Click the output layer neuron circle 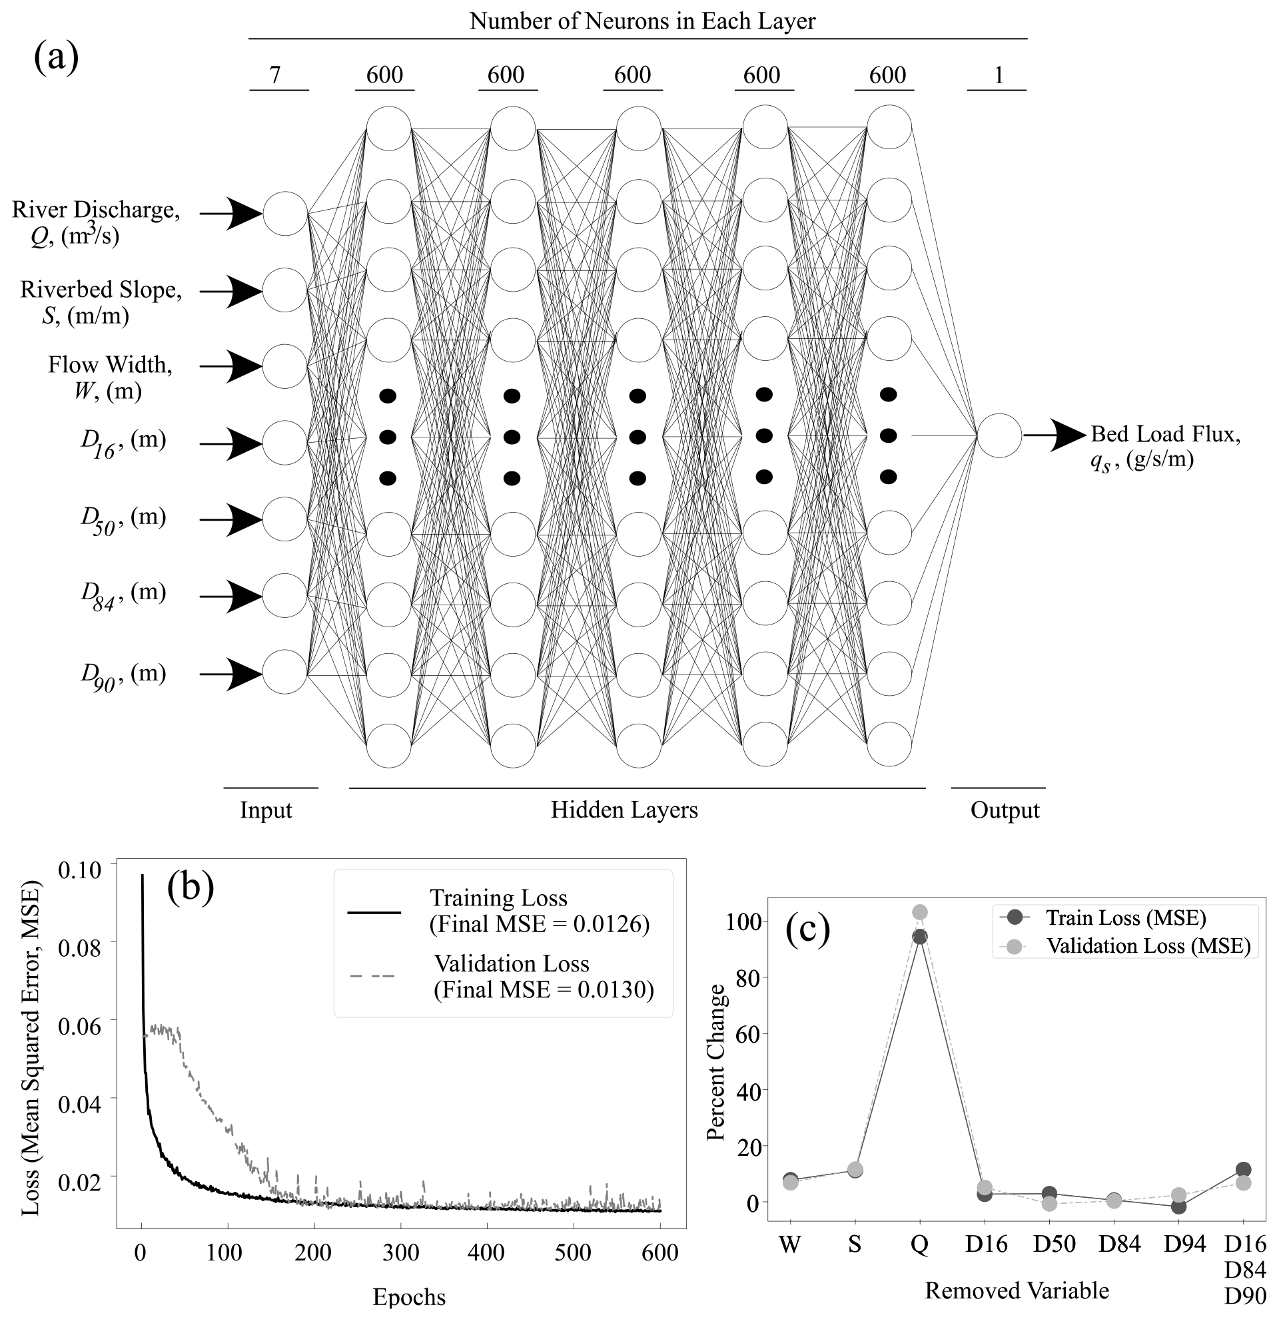tap(999, 435)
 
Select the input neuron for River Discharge tap(285, 214)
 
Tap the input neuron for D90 tap(285, 672)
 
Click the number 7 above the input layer tap(274, 75)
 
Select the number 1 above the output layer tap(999, 75)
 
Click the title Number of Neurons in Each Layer tap(642, 21)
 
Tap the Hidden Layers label tap(624, 810)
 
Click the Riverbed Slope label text tap(101, 290)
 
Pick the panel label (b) tap(190, 887)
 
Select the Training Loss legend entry tap(499, 911)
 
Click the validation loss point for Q tap(920, 913)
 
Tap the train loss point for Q tap(920, 937)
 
